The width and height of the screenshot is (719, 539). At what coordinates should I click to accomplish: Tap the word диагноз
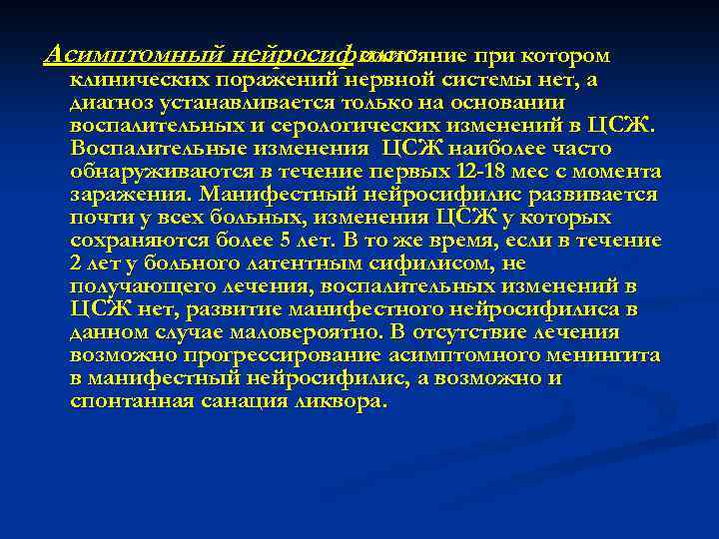(x=108, y=102)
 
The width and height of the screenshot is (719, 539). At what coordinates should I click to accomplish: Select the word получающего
(x=134, y=286)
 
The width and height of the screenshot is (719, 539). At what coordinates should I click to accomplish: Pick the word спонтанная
(x=125, y=401)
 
